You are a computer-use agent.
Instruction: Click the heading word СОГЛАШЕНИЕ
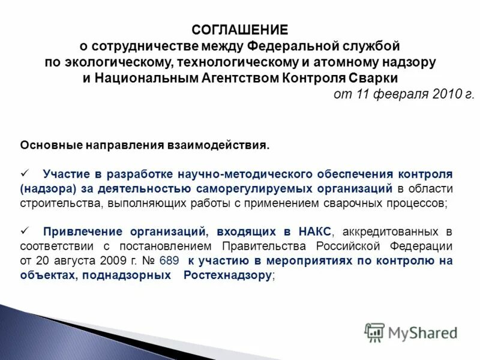[x=240, y=29]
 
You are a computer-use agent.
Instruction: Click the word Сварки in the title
[x=373, y=78]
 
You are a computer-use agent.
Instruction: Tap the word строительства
[x=62, y=203]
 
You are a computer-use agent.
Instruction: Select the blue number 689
[x=169, y=260]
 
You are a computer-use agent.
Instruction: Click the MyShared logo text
[x=423, y=332]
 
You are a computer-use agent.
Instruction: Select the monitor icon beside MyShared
[x=374, y=332]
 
